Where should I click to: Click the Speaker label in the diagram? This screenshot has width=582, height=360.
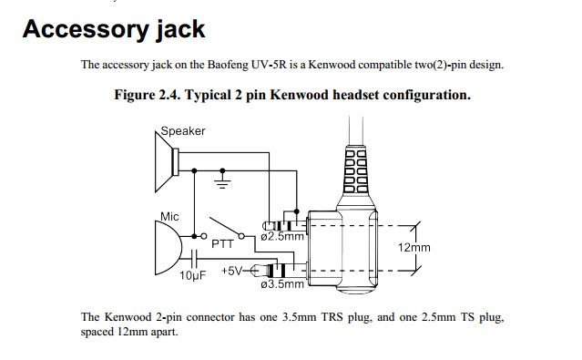pos(183,131)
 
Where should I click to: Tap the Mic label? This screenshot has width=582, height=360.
pos(169,217)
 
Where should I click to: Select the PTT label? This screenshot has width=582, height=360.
pos(223,244)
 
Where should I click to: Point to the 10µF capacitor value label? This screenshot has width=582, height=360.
pos(193,275)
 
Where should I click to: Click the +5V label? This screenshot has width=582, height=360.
pos(232,271)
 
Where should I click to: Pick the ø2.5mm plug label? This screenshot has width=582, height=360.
pos(282,237)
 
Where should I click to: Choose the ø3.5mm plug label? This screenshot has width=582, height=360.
pos(282,284)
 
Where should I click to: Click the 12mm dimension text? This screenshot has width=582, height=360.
pos(414,247)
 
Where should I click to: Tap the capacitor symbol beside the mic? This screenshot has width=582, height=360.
pos(194,259)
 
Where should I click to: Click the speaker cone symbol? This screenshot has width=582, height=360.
pos(167,161)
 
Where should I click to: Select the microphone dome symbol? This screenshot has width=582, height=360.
pos(168,248)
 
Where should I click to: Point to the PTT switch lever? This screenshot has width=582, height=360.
pos(225,226)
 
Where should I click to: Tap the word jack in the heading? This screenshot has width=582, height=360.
pos(180,29)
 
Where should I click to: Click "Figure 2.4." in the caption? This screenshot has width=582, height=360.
pos(147,95)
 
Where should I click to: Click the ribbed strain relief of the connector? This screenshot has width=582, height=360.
pos(356,170)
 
